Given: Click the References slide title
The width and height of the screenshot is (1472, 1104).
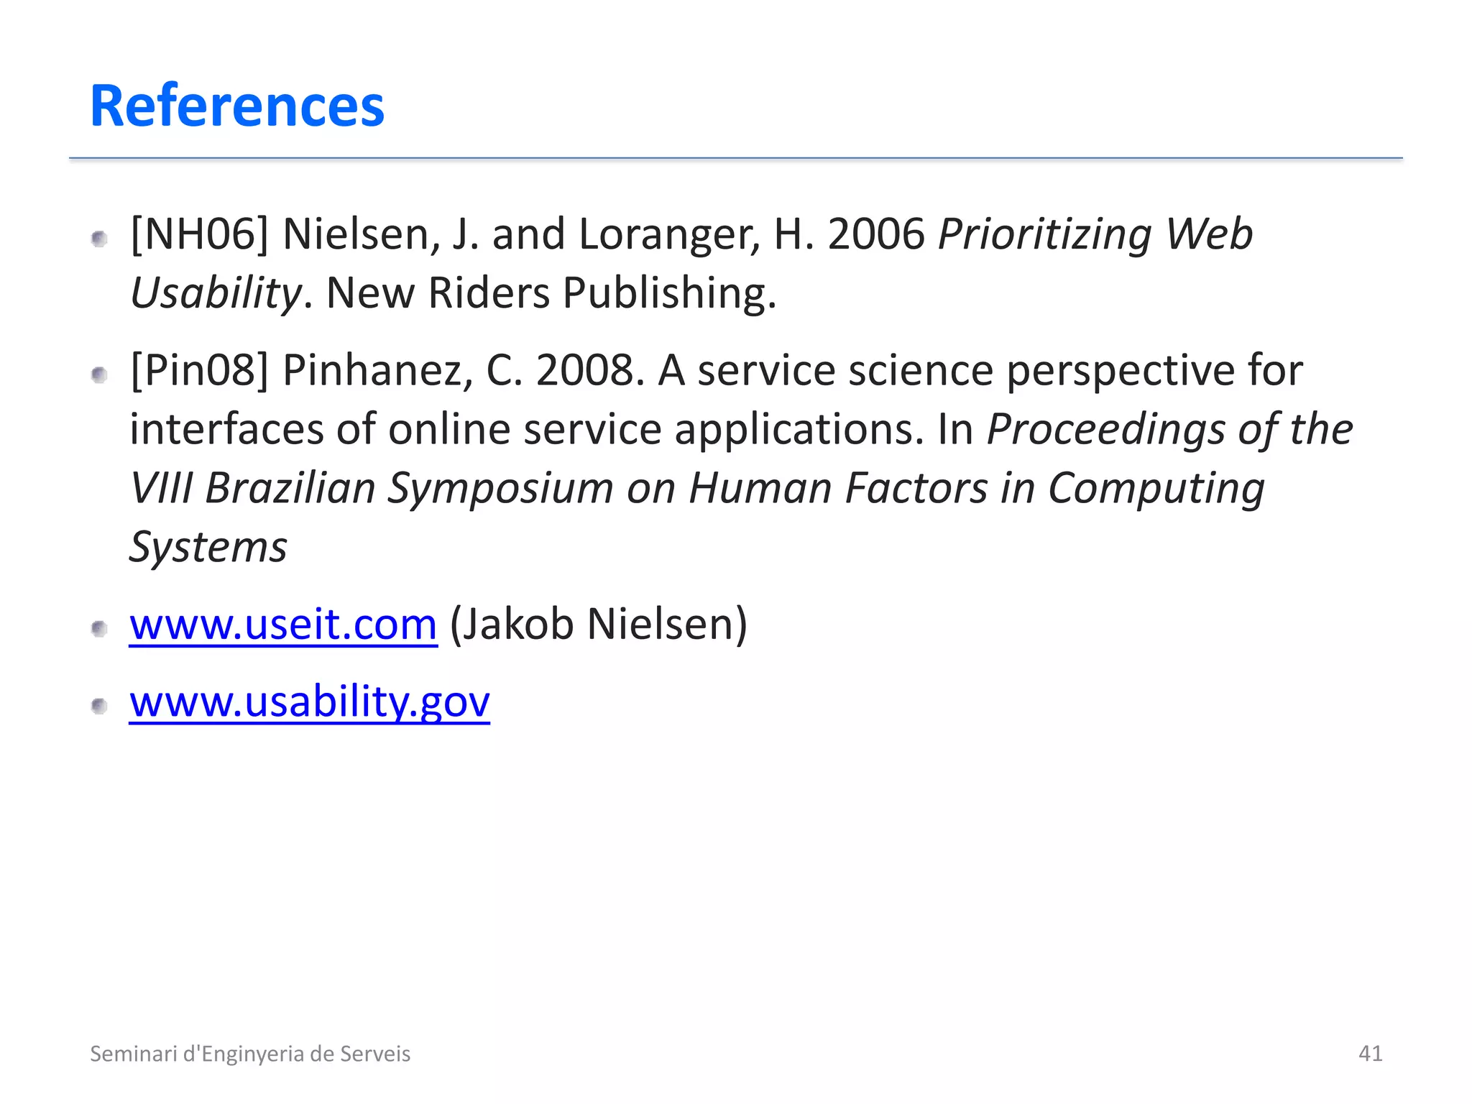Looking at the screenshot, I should tap(237, 106).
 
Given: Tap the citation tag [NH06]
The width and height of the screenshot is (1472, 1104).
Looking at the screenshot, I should tap(199, 235).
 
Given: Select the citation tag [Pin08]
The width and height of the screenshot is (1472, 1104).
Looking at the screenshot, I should tap(199, 371).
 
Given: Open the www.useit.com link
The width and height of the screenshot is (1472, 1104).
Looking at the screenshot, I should tap(283, 624).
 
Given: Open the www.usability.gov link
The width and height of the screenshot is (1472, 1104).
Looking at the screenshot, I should tap(309, 701).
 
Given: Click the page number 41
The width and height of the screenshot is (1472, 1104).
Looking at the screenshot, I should tap(1370, 1053).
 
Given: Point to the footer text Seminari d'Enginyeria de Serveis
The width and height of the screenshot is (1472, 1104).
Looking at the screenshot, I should tap(250, 1054).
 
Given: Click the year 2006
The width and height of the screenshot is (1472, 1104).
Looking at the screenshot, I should tap(876, 235).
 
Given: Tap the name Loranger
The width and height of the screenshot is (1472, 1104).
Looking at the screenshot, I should tap(668, 235).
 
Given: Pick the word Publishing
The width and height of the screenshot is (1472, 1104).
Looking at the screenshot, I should tap(669, 294).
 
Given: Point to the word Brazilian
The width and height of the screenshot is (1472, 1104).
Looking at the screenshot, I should tap(290, 489).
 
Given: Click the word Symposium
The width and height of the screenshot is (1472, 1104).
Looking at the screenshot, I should tap(500, 489).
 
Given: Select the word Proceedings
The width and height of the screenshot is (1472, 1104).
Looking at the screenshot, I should tap(1106, 430).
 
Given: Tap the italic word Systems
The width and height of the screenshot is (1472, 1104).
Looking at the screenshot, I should tap(208, 548).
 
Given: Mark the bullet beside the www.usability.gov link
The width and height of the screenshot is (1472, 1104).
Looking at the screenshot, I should tap(100, 706).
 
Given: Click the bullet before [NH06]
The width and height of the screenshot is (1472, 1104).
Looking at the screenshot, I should tap(100, 239).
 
